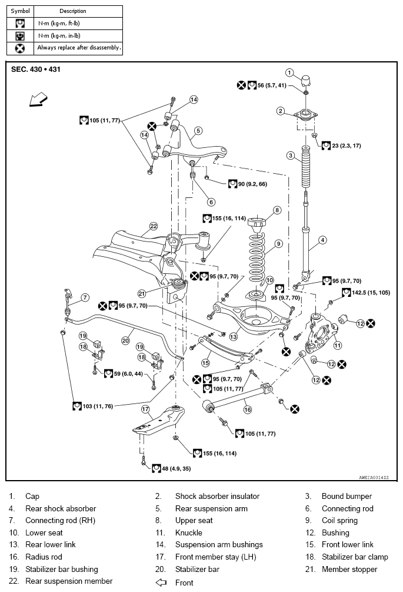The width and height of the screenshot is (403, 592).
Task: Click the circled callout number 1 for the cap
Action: coord(289,72)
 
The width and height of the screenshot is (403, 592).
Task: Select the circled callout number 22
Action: coord(154,226)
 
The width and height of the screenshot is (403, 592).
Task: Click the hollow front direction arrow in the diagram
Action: coord(39,100)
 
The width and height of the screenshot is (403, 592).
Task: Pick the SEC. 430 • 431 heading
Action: coord(36,70)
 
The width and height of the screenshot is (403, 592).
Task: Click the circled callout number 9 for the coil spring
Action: coord(279,243)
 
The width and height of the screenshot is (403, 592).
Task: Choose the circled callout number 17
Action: coord(145,409)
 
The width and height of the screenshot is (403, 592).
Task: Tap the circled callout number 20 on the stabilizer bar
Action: coord(125,340)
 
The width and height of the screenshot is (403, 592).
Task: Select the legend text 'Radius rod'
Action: coord(44,557)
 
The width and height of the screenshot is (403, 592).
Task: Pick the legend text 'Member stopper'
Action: coord(349,570)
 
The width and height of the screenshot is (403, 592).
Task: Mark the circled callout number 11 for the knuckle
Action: coord(338,345)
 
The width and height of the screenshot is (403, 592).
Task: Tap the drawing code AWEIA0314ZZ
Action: coord(374,478)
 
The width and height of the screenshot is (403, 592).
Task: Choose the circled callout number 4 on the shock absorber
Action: coord(322,240)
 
